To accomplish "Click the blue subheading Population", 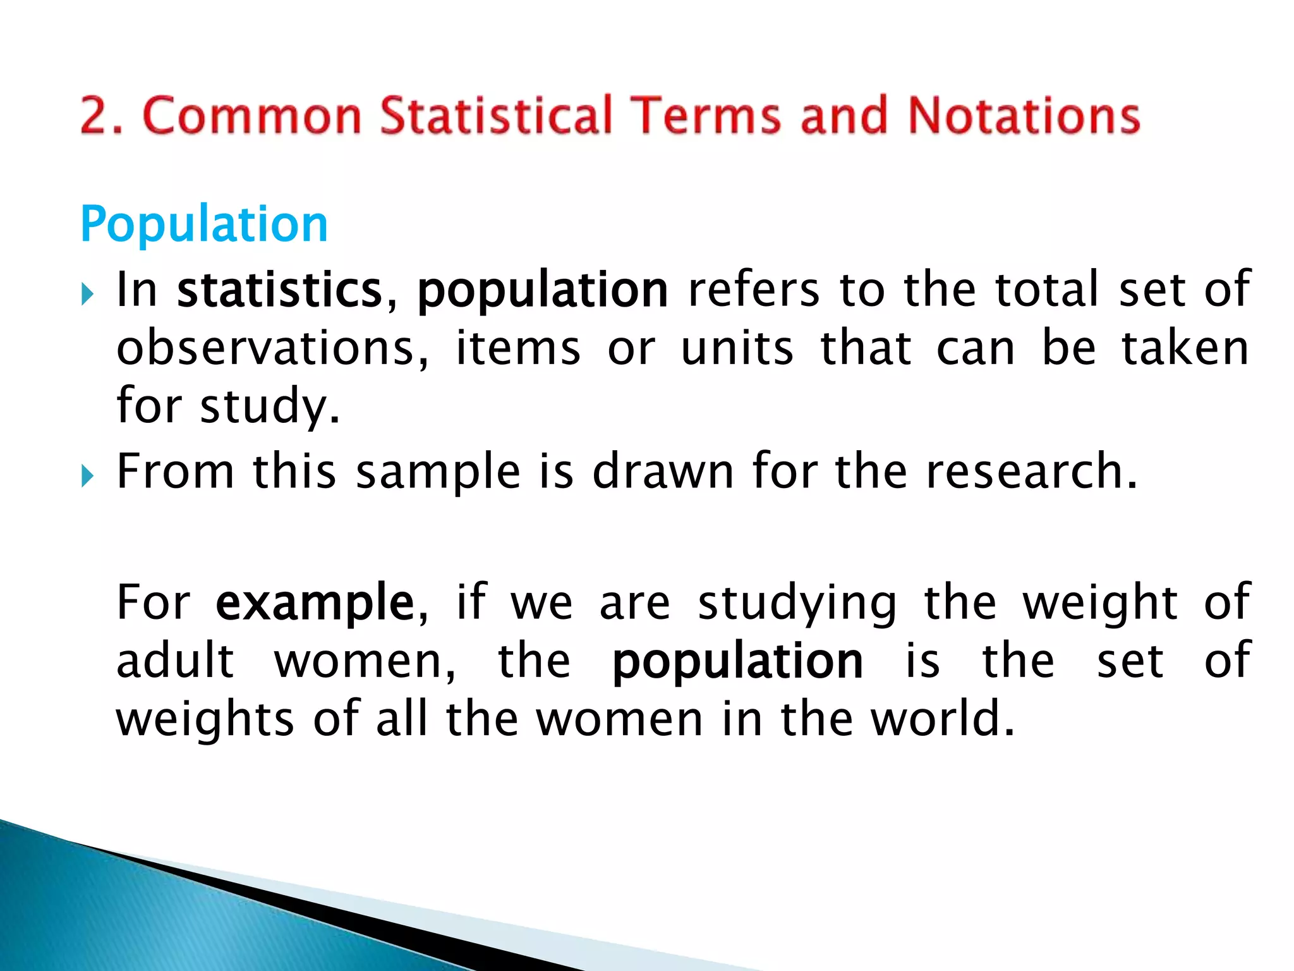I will click(203, 224).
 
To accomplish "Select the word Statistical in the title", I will click(497, 115).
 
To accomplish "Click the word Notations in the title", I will click(1024, 115).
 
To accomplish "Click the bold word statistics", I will click(280, 290).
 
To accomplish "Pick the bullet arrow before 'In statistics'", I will click(88, 294).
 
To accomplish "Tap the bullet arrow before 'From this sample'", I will click(88, 476).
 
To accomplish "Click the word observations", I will click(272, 348).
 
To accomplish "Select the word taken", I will click(1185, 348).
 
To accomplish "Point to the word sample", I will click(438, 472).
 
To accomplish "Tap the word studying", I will click(797, 604).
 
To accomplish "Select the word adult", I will click(176, 661).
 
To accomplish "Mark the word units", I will click(737, 348).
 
